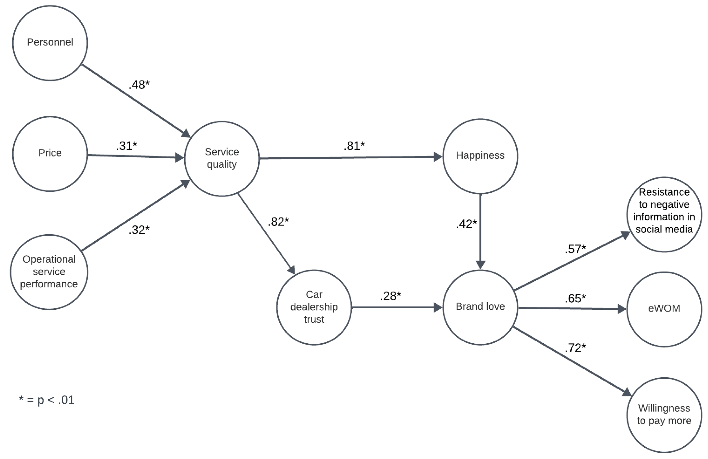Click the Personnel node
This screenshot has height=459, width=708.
coord(50,43)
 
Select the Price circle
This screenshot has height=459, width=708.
coord(50,154)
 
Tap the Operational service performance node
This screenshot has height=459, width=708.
coord(49,272)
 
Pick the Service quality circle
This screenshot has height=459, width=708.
coord(222,159)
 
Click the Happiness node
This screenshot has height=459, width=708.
coord(480,156)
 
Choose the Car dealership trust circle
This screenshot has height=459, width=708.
coord(314,307)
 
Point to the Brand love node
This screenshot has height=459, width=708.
coord(480,307)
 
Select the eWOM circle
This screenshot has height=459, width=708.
coord(664,309)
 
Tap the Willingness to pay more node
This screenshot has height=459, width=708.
coord(664,415)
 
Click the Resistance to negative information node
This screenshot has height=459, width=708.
coord(664,214)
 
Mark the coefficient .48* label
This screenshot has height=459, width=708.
coord(139,85)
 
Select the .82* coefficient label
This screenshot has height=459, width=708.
coord(278,222)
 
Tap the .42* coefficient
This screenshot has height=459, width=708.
coord(466,224)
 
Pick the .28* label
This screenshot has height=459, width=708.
coord(390,296)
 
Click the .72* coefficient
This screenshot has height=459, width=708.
coord(575,348)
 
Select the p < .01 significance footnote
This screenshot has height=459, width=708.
coord(47,400)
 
